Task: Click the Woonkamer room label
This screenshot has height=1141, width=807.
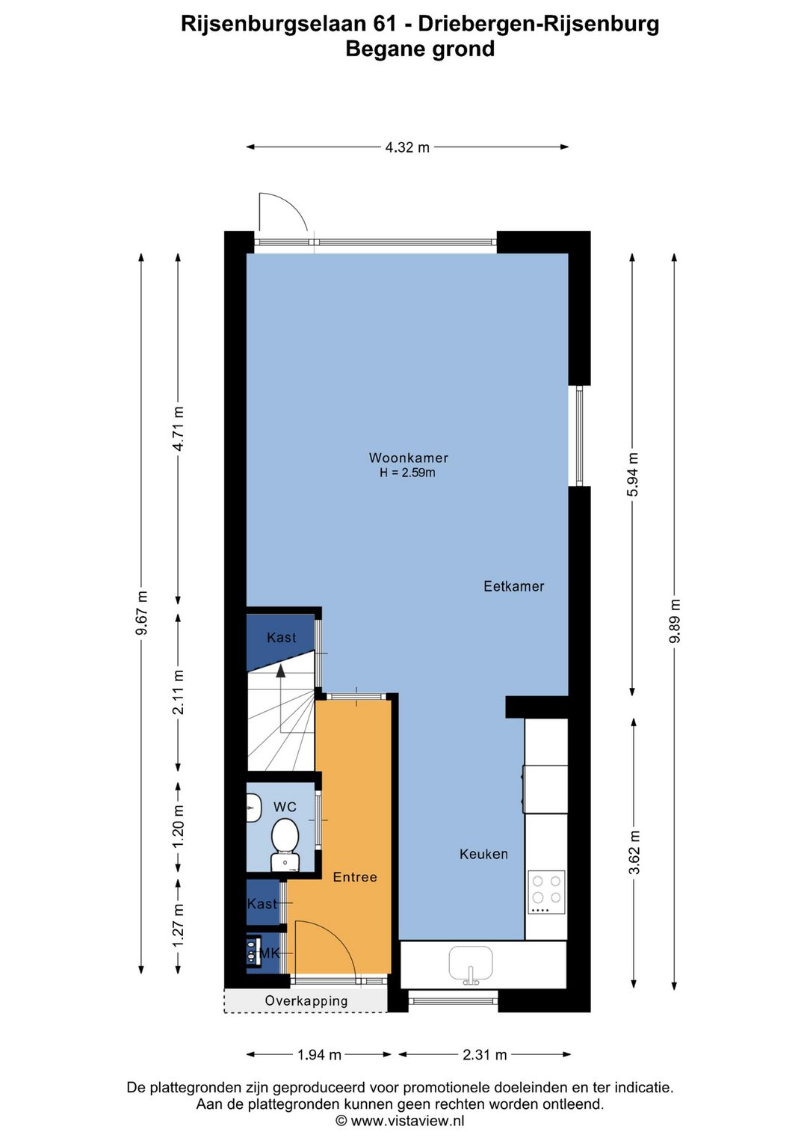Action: pos(408,458)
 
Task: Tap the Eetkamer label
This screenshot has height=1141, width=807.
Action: pos(513,586)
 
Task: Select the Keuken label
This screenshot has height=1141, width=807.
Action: pos(483,854)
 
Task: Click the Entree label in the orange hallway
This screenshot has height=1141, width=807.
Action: pos(355,877)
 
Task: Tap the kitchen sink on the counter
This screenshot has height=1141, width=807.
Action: pos(471,963)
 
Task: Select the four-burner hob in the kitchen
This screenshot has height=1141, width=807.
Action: pos(546,891)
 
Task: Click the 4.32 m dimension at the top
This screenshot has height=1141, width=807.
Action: pos(407,147)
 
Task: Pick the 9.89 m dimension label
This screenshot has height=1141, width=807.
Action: pos(675,621)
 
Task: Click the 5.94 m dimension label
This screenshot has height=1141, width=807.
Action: pos(633,474)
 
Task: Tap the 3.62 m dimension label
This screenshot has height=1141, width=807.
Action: pos(634,852)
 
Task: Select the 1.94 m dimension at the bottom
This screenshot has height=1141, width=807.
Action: pos(319,1055)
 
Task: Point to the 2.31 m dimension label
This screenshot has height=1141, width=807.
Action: pos(484,1055)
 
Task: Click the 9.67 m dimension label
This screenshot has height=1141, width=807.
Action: pos(141,612)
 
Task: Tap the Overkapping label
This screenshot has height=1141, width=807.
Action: pos(306,1000)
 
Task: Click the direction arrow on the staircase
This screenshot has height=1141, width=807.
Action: pos(281,672)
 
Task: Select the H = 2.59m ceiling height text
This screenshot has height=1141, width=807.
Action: pos(407,473)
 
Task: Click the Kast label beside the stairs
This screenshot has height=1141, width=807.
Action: pos(281,637)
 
